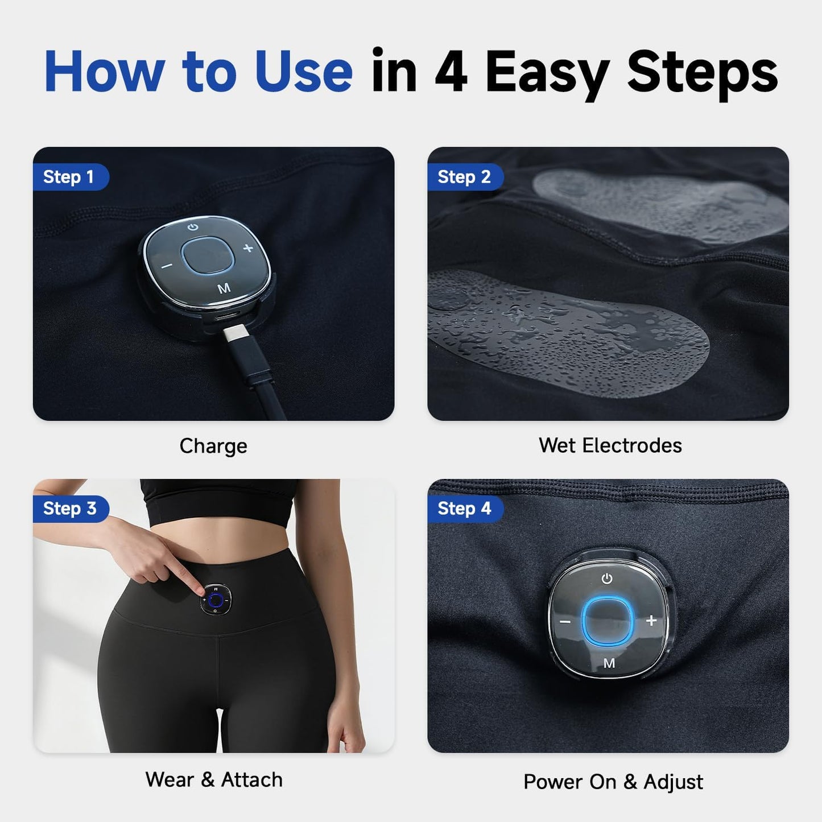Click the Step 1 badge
[71, 176]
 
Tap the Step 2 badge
[465, 176]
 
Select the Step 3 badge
[71, 509]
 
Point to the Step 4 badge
[465, 509]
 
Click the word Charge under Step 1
[213, 447]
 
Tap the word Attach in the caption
[251, 779]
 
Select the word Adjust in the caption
[673, 782]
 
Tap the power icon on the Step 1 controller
[193, 227]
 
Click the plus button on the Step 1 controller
[248, 248]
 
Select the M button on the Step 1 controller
[224, 288]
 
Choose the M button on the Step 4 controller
[610, 663]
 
